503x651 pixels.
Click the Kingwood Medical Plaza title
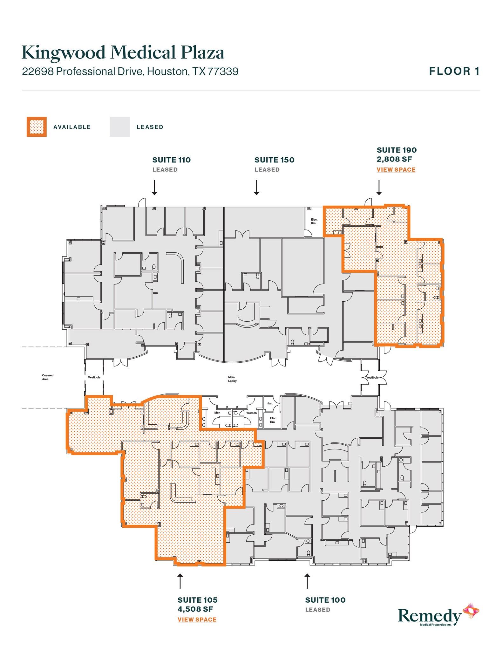(x=123, y=53)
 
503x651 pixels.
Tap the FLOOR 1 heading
(x=454, y=71)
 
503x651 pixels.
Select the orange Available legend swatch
(x=37, y=127)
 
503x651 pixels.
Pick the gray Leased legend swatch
(x=119, y=127)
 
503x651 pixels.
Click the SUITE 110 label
(x=171, y=160)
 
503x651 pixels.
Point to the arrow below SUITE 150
(x=257, y=187)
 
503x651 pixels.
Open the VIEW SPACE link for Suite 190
(x=396, y=170)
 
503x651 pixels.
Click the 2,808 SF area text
(x=394, y=159)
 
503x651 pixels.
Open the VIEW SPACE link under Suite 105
(x=197, y=620)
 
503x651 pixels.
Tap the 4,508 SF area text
(x=195, y=609)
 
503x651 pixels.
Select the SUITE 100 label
(x=325, y=600)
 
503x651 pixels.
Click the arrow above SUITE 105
(x=180, y=581)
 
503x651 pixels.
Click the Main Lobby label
(x=232, y=379)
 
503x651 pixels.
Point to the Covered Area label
(x=48, y=377)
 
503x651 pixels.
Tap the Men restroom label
(x=217, y=413)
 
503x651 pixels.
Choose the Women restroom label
(x=251, y=413)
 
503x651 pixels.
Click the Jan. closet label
(x=270, y=403)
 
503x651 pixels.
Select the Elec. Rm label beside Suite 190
(x=314, y=221)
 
